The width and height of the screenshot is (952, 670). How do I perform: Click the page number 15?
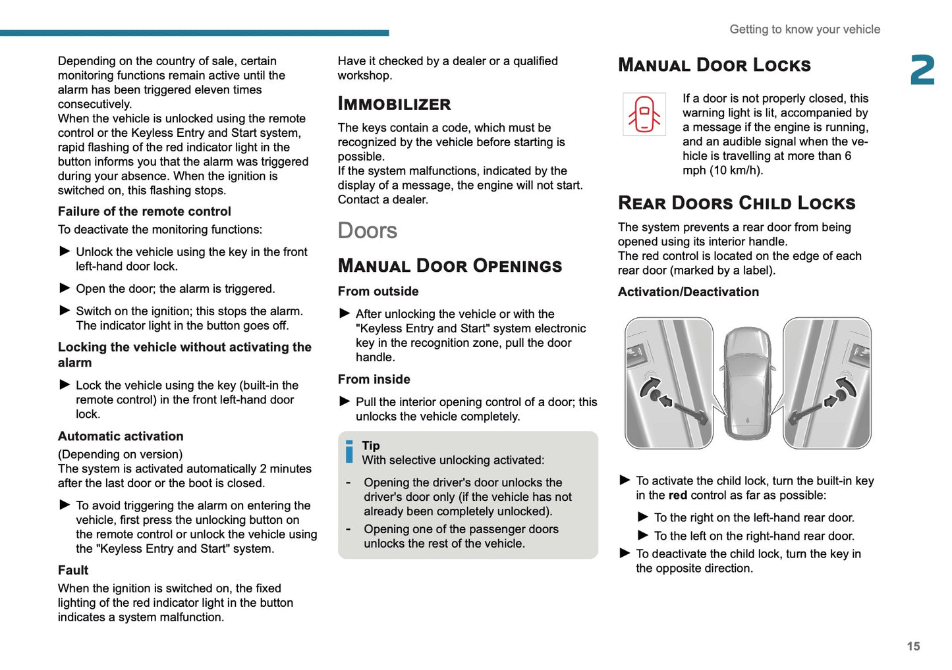point(913,646)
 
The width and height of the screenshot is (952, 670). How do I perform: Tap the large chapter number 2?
point(922,70)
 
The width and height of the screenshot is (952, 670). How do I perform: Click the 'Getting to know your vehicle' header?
point(804,30)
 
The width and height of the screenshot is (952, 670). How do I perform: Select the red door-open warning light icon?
point(644,114)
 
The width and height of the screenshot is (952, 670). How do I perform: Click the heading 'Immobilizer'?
point(394,104)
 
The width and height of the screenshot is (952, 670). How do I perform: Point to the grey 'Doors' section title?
point(368,231)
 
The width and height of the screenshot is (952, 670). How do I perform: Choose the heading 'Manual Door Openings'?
point(450,266)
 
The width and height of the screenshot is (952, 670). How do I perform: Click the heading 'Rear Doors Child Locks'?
point(737,203)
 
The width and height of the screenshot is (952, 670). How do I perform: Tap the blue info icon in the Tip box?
point(349,452)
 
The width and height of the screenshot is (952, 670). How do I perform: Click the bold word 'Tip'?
point(371,446)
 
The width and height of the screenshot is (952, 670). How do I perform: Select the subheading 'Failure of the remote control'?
point(144,211)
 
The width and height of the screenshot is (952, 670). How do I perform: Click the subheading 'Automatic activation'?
point(121,436)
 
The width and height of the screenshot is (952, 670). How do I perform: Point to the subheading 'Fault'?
point(73,570)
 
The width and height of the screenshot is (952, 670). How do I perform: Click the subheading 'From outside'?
point(378,292)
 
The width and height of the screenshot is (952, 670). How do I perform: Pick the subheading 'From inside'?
point(374,380)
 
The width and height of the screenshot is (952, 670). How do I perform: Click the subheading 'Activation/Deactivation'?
point(688,292)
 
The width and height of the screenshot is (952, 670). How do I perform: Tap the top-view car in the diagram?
point(748,383)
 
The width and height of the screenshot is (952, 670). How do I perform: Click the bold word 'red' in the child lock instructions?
point(678,496)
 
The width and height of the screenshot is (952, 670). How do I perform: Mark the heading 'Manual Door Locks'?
point(714,65)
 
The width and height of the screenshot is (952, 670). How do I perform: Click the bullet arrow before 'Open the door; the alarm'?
point(65,288)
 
